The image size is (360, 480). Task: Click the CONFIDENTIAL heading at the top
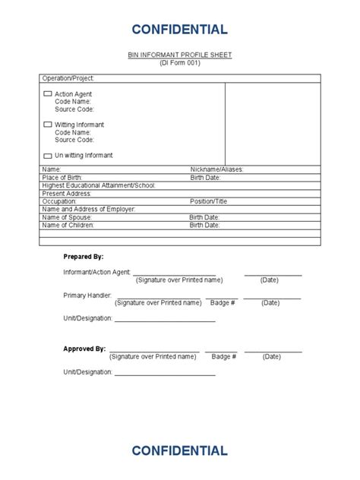179,30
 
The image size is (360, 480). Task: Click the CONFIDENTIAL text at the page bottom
179,450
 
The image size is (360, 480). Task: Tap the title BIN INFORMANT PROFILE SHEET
179,55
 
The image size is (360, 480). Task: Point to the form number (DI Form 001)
179,63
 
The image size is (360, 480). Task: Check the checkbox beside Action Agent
48,93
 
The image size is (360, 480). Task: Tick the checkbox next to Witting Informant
48,125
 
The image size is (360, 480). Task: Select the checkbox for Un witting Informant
48,155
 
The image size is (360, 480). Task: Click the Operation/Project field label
68,78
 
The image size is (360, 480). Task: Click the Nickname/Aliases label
216,169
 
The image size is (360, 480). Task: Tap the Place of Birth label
63,178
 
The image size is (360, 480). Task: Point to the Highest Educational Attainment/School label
99,185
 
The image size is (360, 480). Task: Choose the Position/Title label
209,202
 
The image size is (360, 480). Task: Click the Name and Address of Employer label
88,210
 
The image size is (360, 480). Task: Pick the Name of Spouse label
66,217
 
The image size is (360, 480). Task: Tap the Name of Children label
68,226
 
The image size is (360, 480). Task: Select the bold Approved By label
84,349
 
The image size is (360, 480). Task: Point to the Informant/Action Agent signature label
96,272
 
